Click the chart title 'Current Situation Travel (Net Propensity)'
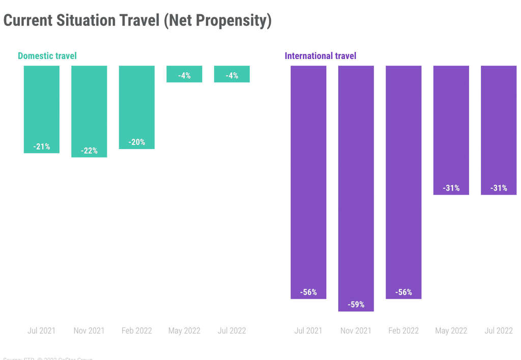click(137, 21)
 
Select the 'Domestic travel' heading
click(47, 56)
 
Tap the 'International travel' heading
click(321, 56)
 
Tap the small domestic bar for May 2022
click(184, 74)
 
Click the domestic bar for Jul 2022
click(232, 74)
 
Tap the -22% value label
click(89, 151)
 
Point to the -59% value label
click(356, 305)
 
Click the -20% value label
click(137, 142)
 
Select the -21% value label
click(42, 147)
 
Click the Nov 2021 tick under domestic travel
click(89, 331)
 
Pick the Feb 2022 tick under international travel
click(403, 331)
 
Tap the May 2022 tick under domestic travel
click(184, 331)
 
